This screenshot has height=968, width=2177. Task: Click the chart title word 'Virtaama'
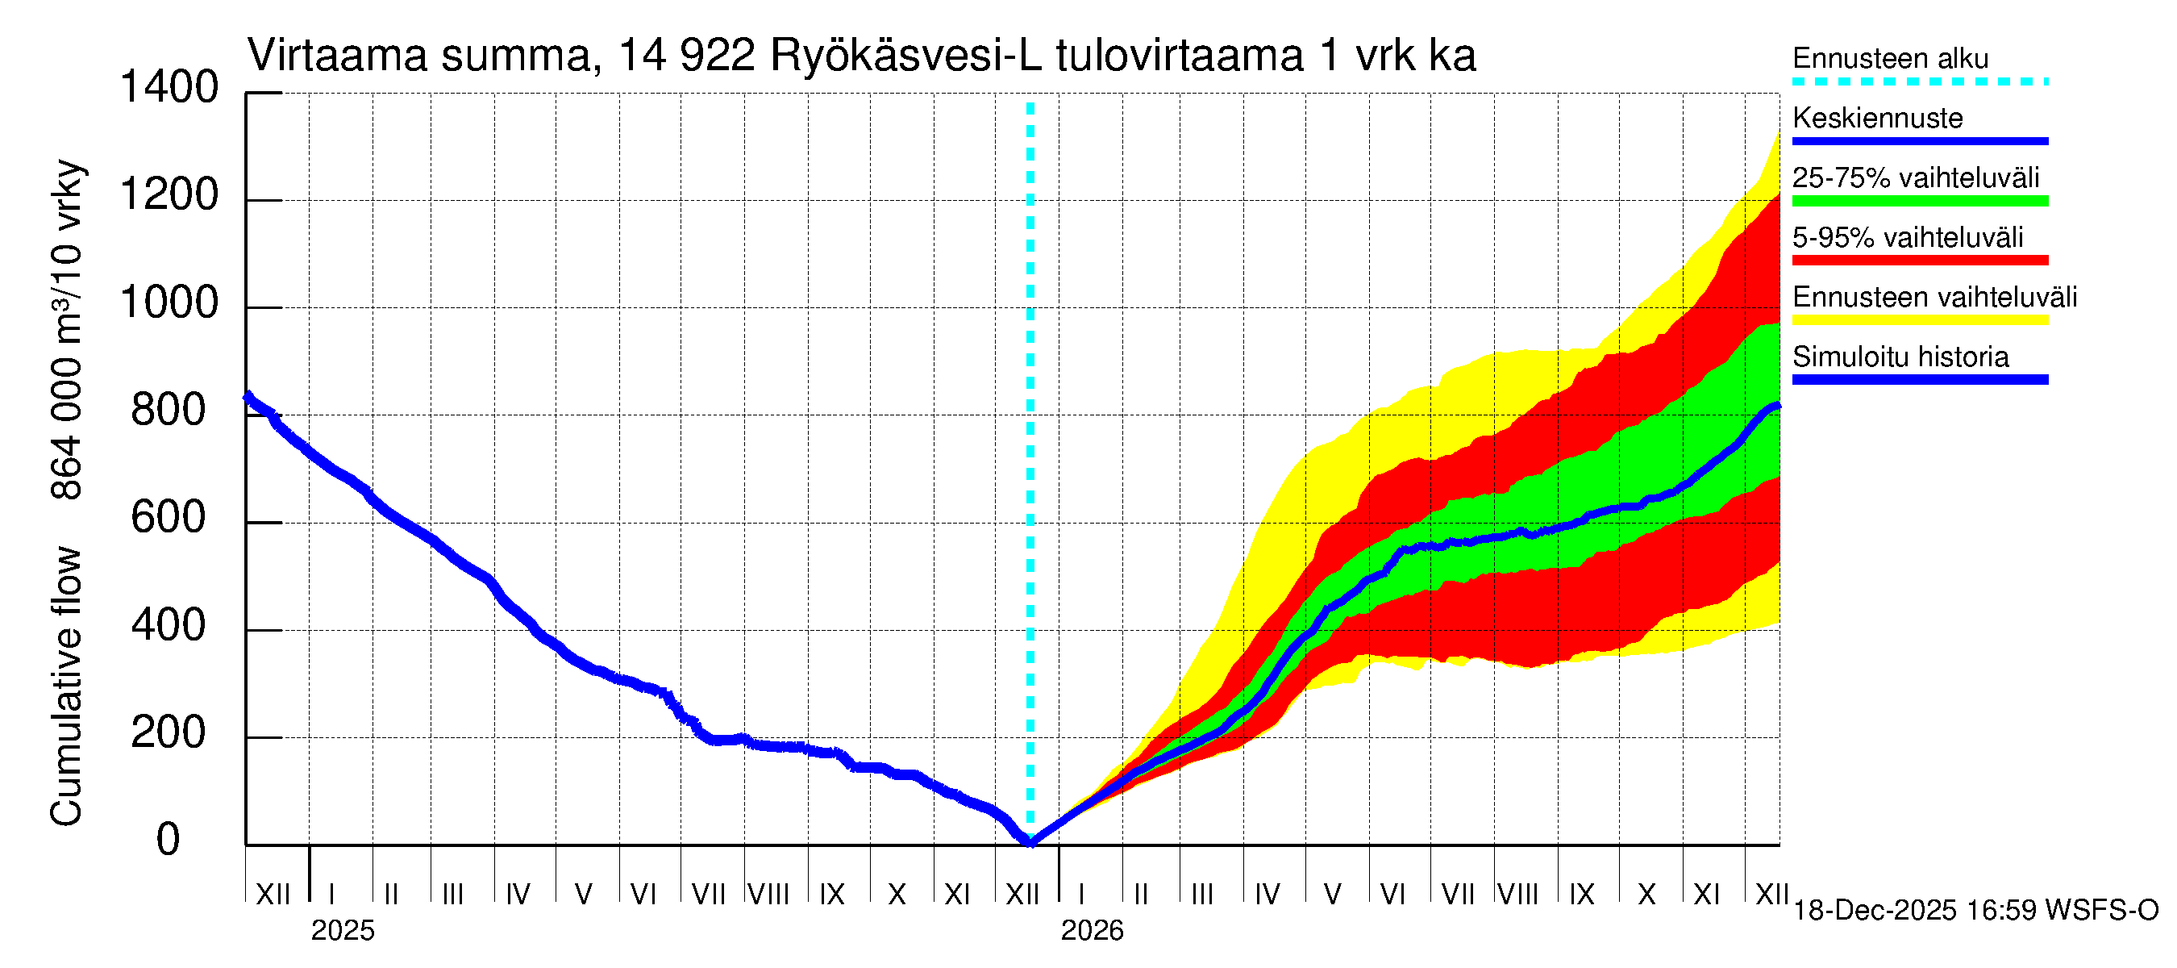click(x=336, y=56)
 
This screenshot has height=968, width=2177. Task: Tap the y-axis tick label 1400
click(x=169, y=87)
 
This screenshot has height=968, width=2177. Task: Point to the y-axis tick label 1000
click(x=169, y=302)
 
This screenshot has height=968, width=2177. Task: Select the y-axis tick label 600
click(x=169, y=517)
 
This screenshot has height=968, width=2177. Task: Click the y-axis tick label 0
click(x=169, y=840)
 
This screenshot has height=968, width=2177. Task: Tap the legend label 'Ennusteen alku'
click(x=1891, y=58)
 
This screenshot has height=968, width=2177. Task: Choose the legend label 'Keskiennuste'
click(x=1878, y=118)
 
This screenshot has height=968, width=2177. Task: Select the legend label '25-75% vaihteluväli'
click(x=1916, y=177)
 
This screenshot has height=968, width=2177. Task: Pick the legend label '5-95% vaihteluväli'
click(x=1908, y=237)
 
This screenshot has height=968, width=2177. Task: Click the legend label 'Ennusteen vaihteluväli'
click(x=1934, y=297)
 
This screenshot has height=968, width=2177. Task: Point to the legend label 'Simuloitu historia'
click(x=1900, y=357)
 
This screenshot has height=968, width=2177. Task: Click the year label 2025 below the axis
click(x=342, y=931)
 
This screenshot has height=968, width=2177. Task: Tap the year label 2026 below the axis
click(x=1092, y=931)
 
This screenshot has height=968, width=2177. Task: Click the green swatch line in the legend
click(x=1920, y=201)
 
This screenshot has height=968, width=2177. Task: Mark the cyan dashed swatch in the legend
click(x=1920, y=82)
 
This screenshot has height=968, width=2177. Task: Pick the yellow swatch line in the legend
click(x=1920, y=320)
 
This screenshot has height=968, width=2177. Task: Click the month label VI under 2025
click(x=643, y=894)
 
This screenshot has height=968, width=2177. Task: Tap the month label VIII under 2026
click(x=1517, y=894)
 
